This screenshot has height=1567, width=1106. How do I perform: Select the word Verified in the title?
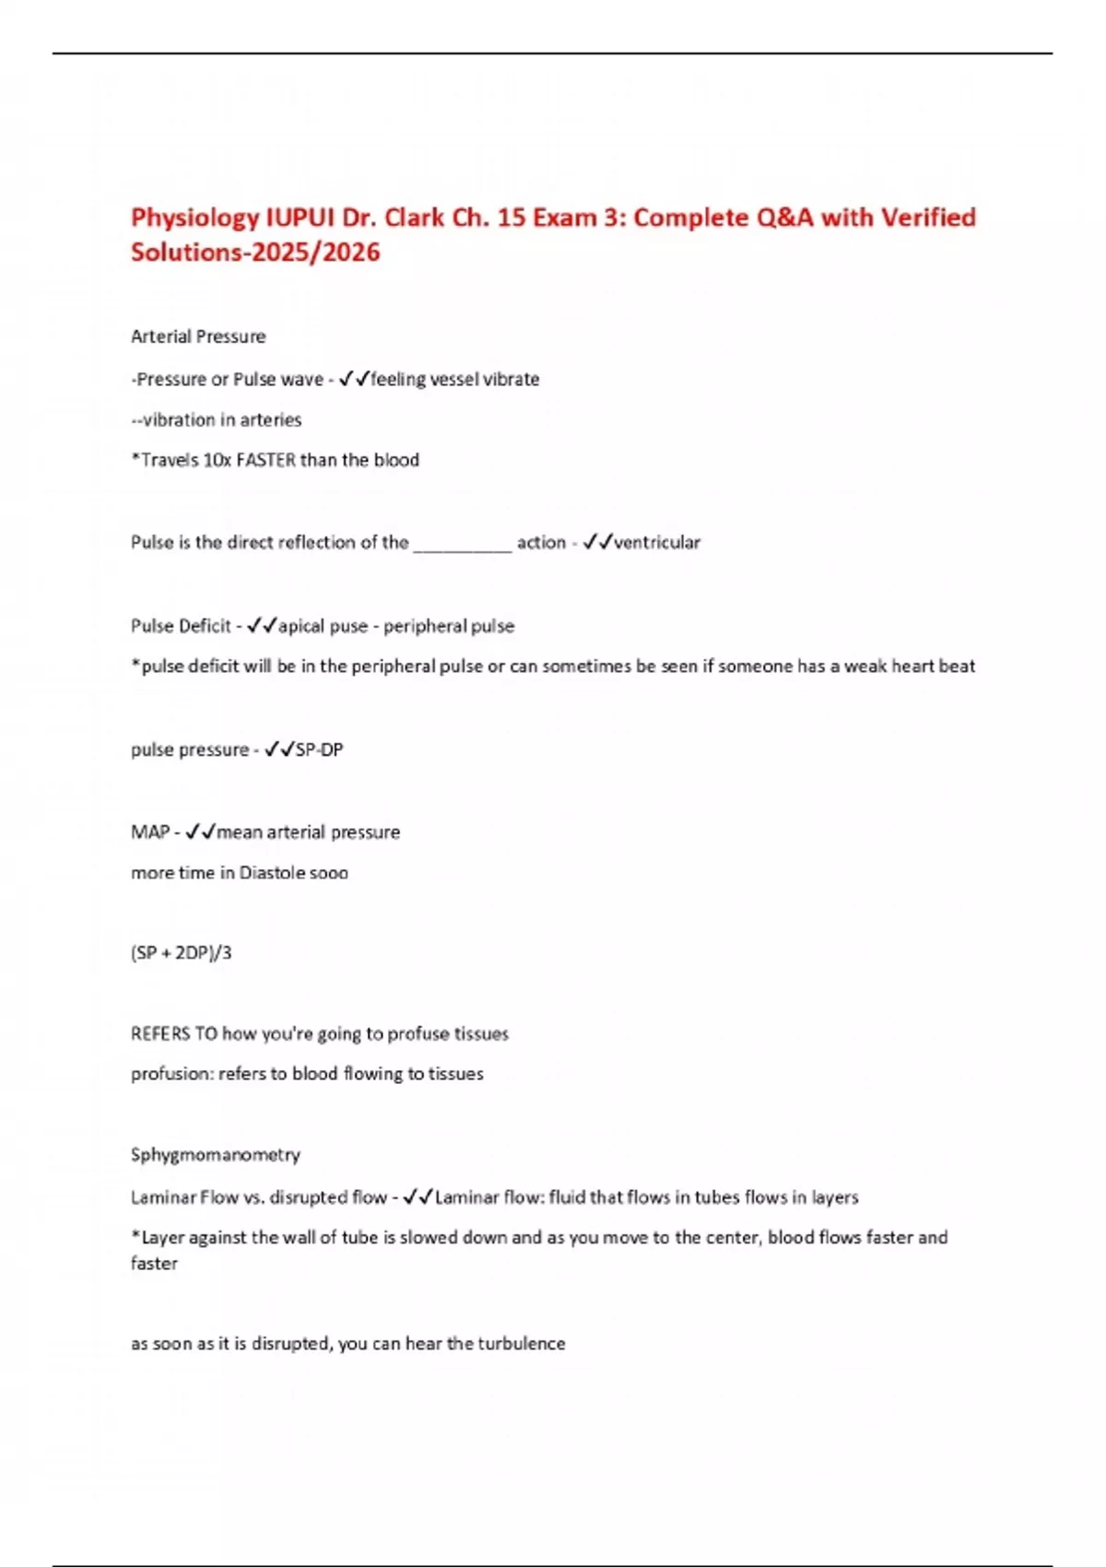927,218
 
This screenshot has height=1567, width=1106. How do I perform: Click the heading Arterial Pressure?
198,336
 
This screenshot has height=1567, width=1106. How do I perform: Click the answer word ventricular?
657,542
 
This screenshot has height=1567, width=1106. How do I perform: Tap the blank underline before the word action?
462,544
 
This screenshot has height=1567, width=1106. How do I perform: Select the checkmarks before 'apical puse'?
263,626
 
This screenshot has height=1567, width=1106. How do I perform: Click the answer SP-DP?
319,749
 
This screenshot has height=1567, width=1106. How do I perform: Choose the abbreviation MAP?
149,832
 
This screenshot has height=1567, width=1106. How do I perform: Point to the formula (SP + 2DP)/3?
181,952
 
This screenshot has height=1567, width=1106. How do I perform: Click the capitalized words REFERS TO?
173,1033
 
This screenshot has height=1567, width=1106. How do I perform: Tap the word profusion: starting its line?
171,1074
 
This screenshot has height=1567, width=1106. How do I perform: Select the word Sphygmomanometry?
216,1154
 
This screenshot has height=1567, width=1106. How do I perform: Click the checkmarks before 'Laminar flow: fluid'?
418,1197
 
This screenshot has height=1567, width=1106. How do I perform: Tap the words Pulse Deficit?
181,626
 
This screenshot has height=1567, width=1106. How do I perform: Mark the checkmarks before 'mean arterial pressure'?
200,832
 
